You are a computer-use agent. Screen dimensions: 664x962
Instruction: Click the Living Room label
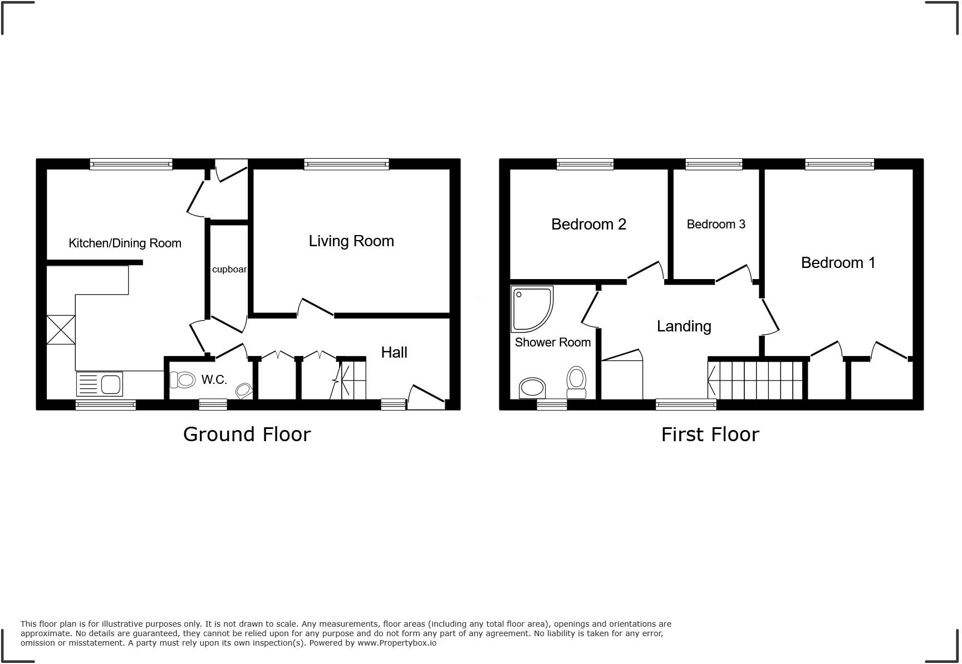tap(351, 241)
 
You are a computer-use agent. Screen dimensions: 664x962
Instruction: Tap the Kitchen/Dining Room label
tap(125, 243)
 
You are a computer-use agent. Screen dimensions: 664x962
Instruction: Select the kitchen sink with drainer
tap(100, 383)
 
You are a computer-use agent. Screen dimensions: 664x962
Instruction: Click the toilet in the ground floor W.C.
tap(183, 380)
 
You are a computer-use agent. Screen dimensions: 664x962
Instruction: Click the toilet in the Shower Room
tap(576, 382)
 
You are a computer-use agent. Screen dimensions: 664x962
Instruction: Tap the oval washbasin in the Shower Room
tap(532, 388)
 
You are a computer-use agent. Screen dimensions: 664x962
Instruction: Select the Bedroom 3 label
tap(716, 224)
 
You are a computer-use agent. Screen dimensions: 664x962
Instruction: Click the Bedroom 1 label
tap(838, 263)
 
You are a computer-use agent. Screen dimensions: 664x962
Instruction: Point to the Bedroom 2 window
tap(585, 164)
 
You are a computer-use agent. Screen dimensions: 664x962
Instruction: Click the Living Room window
tap(346, 164)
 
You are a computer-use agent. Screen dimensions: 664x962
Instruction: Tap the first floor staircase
tap(756, 380)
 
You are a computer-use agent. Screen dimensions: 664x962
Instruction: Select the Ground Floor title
tap(247, 434)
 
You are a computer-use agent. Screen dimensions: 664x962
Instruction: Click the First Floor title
tap(710, 434)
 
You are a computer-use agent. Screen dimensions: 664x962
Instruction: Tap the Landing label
tap(684, 326)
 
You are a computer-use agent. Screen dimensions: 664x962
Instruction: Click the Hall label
tap(394, 353)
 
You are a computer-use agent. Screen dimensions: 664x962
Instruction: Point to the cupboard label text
tap(229, 270)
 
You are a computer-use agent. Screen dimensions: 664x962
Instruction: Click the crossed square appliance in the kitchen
tap(61, 330)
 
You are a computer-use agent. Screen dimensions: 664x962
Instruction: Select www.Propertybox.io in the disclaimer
tap(397, 643)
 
